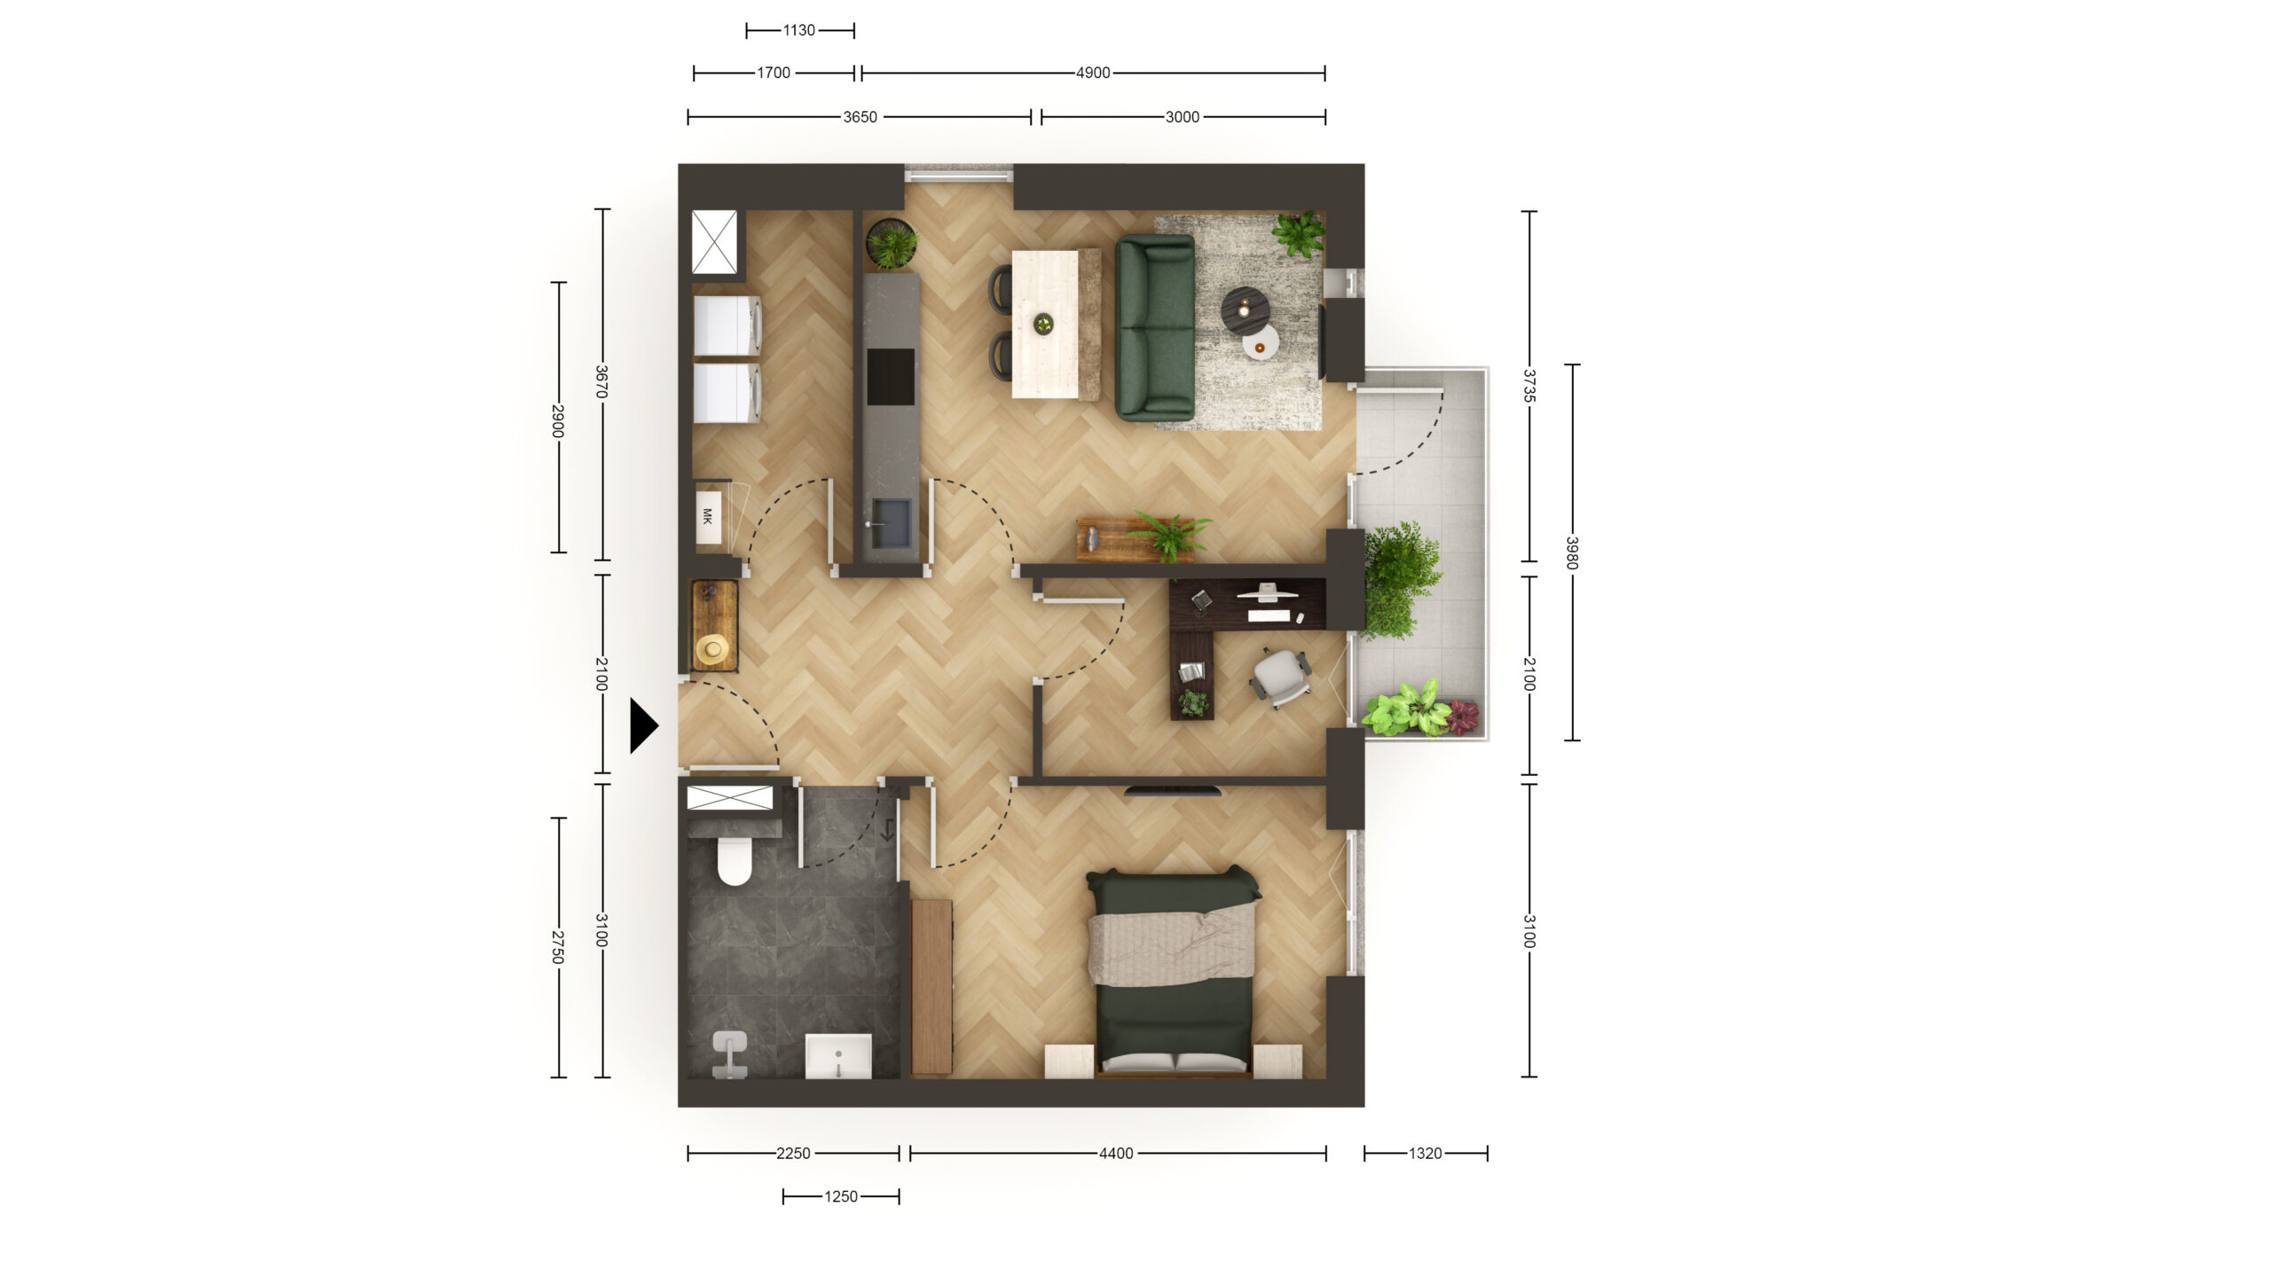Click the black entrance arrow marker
643,725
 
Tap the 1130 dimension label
798,30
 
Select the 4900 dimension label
1093,73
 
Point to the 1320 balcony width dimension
1426,1153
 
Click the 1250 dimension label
841,1196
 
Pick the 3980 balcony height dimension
1572,552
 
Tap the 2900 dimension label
558,420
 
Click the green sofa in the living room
1155,327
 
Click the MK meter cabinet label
707,516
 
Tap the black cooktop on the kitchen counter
891,376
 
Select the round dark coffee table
1245,310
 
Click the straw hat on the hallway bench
712,649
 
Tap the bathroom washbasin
838,1056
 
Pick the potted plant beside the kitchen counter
892,244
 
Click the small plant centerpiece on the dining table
1043,324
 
